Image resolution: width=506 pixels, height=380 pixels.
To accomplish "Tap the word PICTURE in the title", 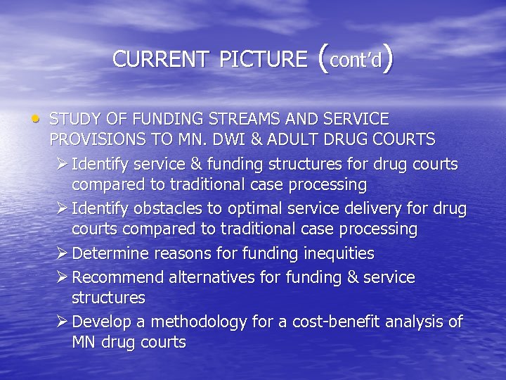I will click(x=263, y=60).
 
